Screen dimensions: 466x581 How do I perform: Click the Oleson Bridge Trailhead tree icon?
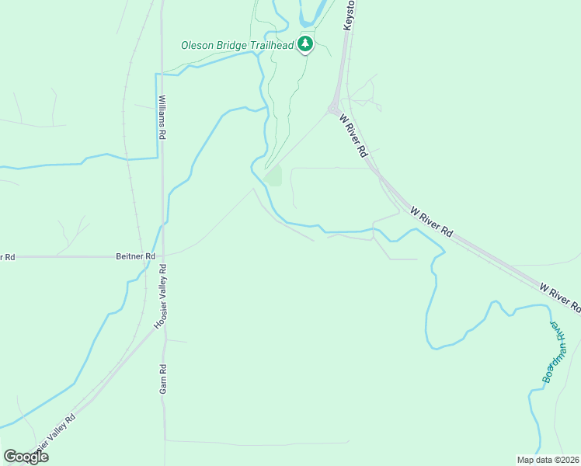[306, 45]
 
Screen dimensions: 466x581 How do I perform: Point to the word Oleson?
[197, 45]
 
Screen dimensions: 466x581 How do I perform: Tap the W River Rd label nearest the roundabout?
[353, 137]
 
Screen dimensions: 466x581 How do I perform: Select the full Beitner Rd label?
[135, 256]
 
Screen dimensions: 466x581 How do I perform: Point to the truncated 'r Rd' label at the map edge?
[8, 256]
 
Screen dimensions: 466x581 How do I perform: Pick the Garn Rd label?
[163, 378]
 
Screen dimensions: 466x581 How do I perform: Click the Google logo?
[26, 457]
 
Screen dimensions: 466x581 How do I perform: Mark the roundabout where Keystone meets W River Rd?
[332, 110]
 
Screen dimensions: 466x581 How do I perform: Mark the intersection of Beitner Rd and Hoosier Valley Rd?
[162, 255]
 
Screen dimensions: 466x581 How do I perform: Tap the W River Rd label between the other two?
[431, 221]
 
